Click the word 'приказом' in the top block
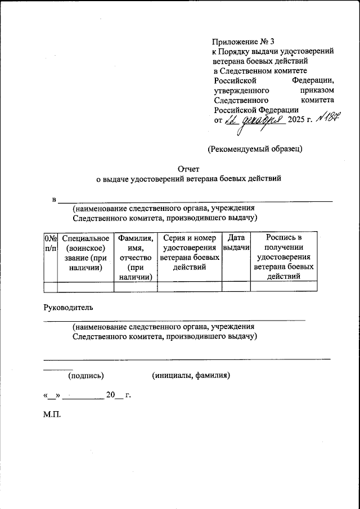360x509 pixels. click(318, 90)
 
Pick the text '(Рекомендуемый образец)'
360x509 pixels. click(255, 149)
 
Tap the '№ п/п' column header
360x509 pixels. click(51, 244)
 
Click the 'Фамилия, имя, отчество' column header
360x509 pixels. click(136, 258)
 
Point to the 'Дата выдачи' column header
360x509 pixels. click(236, 244)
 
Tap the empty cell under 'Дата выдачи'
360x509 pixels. click(236, 287)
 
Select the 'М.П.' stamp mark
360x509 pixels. click(52, 417)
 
